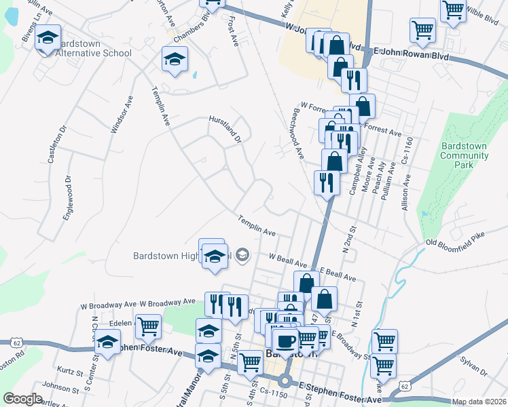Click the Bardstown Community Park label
(465, 155)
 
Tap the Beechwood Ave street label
(297, 132)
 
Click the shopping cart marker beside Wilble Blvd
(453, 9)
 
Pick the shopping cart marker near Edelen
(148, 326)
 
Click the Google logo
(22, 399)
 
